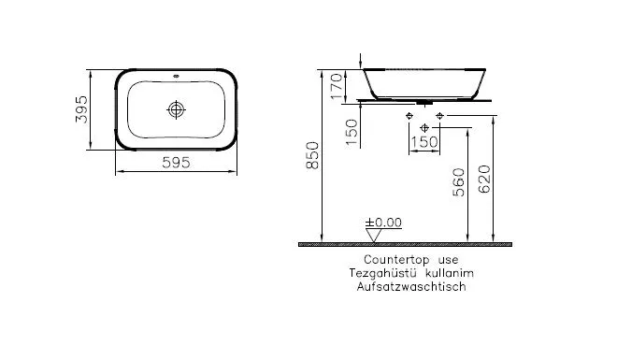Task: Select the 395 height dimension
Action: click(80, 109)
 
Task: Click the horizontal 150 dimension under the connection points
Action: click(425, 140)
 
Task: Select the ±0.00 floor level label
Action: click(383, 223)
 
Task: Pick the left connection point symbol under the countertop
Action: click(409, 116)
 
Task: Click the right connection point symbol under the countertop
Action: click(440, 116)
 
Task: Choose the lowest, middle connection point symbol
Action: click(425, 126)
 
